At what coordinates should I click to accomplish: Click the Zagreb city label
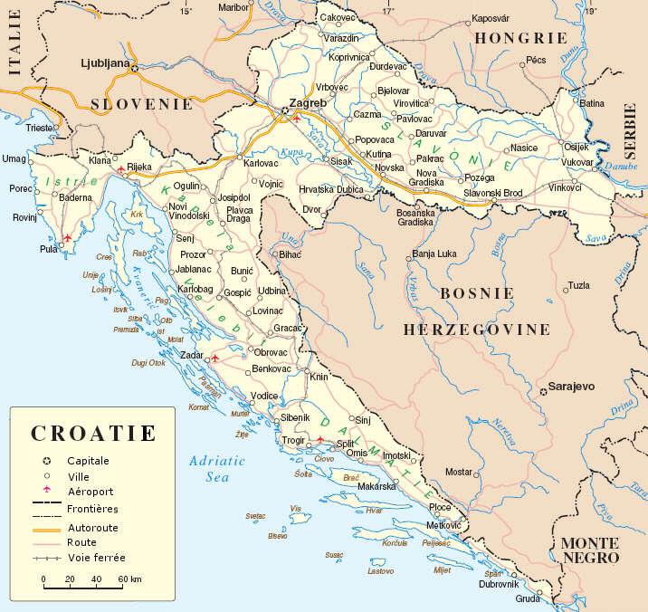300,102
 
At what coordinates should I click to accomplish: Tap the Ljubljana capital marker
135,67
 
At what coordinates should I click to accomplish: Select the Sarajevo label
574,387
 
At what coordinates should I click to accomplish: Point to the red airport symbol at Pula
66,239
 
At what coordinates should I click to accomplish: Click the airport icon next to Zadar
214,358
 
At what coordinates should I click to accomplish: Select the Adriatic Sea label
217,468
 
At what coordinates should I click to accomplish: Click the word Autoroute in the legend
93,527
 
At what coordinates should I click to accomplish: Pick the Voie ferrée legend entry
97,558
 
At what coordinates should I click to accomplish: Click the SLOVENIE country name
142,103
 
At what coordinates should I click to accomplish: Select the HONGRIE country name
521,38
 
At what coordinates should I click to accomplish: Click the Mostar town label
459,472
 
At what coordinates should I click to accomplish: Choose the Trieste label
40,128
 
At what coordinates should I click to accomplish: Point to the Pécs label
537,60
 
